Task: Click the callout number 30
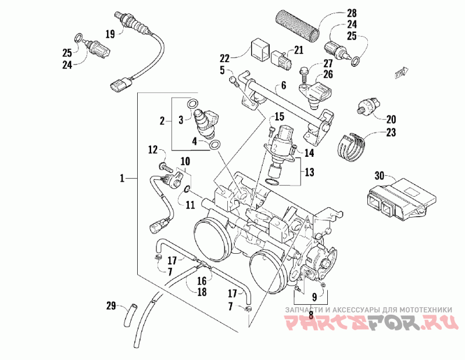tap(380, 175)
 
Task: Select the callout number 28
tap(352, 13)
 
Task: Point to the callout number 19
tap(110, 34)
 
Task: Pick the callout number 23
tap(391, 132)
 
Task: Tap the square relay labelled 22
tap(260, 48)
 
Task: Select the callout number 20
tap(391, 119)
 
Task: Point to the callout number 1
tap(122, 178)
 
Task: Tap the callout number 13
tap(309, 172)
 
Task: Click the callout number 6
tap(284, 85)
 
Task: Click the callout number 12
tap(153, 150)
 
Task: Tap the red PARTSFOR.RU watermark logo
tap(369, 322)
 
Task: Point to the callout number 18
tap(202, 292)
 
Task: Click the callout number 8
tap(311, 315)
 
